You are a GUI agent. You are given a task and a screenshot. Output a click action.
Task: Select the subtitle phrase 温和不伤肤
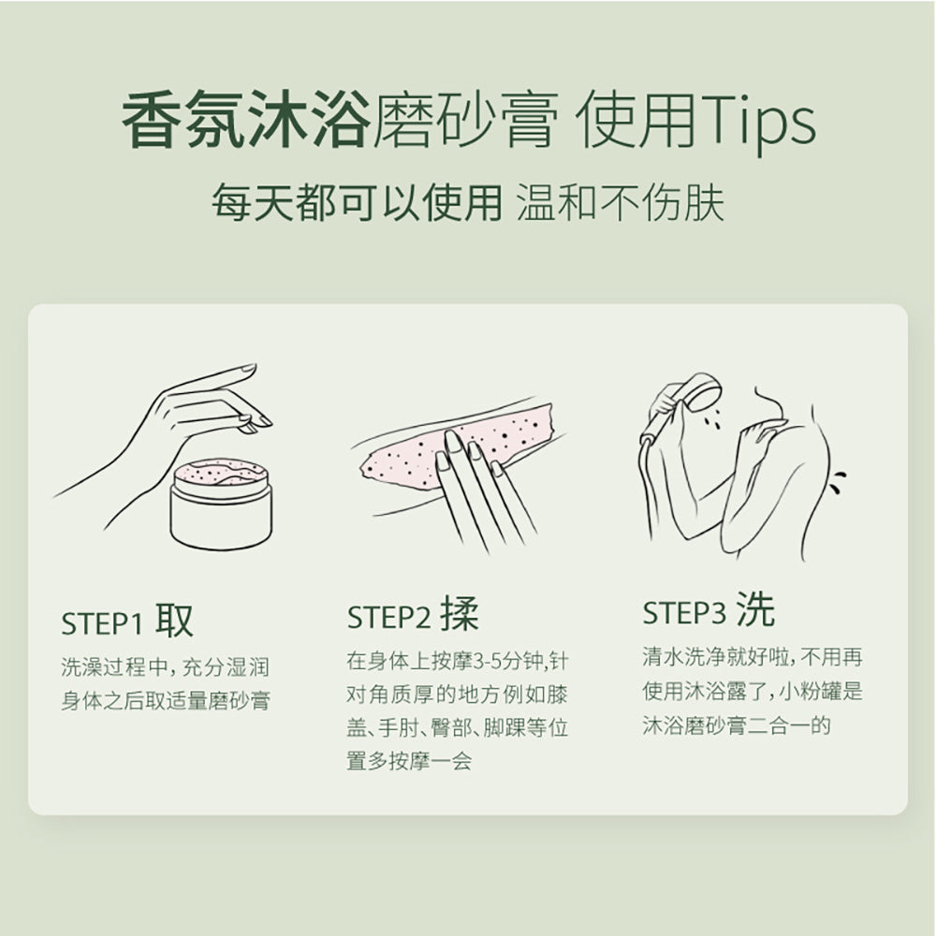click(621, 203)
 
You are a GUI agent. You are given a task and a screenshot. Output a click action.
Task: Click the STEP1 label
click(102, 624)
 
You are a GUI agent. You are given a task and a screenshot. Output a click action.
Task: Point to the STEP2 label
click(388, 617)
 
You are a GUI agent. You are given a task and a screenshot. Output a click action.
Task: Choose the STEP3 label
click(684, 613)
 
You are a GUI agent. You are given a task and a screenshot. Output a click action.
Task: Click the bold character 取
click(175, 620)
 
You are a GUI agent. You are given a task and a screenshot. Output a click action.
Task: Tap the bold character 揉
click(461, 613)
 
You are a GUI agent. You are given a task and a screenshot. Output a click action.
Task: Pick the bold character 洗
click(755, 609)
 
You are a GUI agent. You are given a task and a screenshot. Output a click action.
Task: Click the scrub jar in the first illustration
click(221, 504)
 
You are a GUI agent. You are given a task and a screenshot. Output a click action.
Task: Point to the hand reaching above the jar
click(179, 430)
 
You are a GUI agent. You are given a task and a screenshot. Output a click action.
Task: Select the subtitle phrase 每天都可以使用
click(357, 203)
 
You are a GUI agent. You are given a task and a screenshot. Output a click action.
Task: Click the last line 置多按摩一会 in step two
click(410, 760)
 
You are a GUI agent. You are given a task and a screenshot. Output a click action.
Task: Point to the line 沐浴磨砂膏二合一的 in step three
click(737, 725)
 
